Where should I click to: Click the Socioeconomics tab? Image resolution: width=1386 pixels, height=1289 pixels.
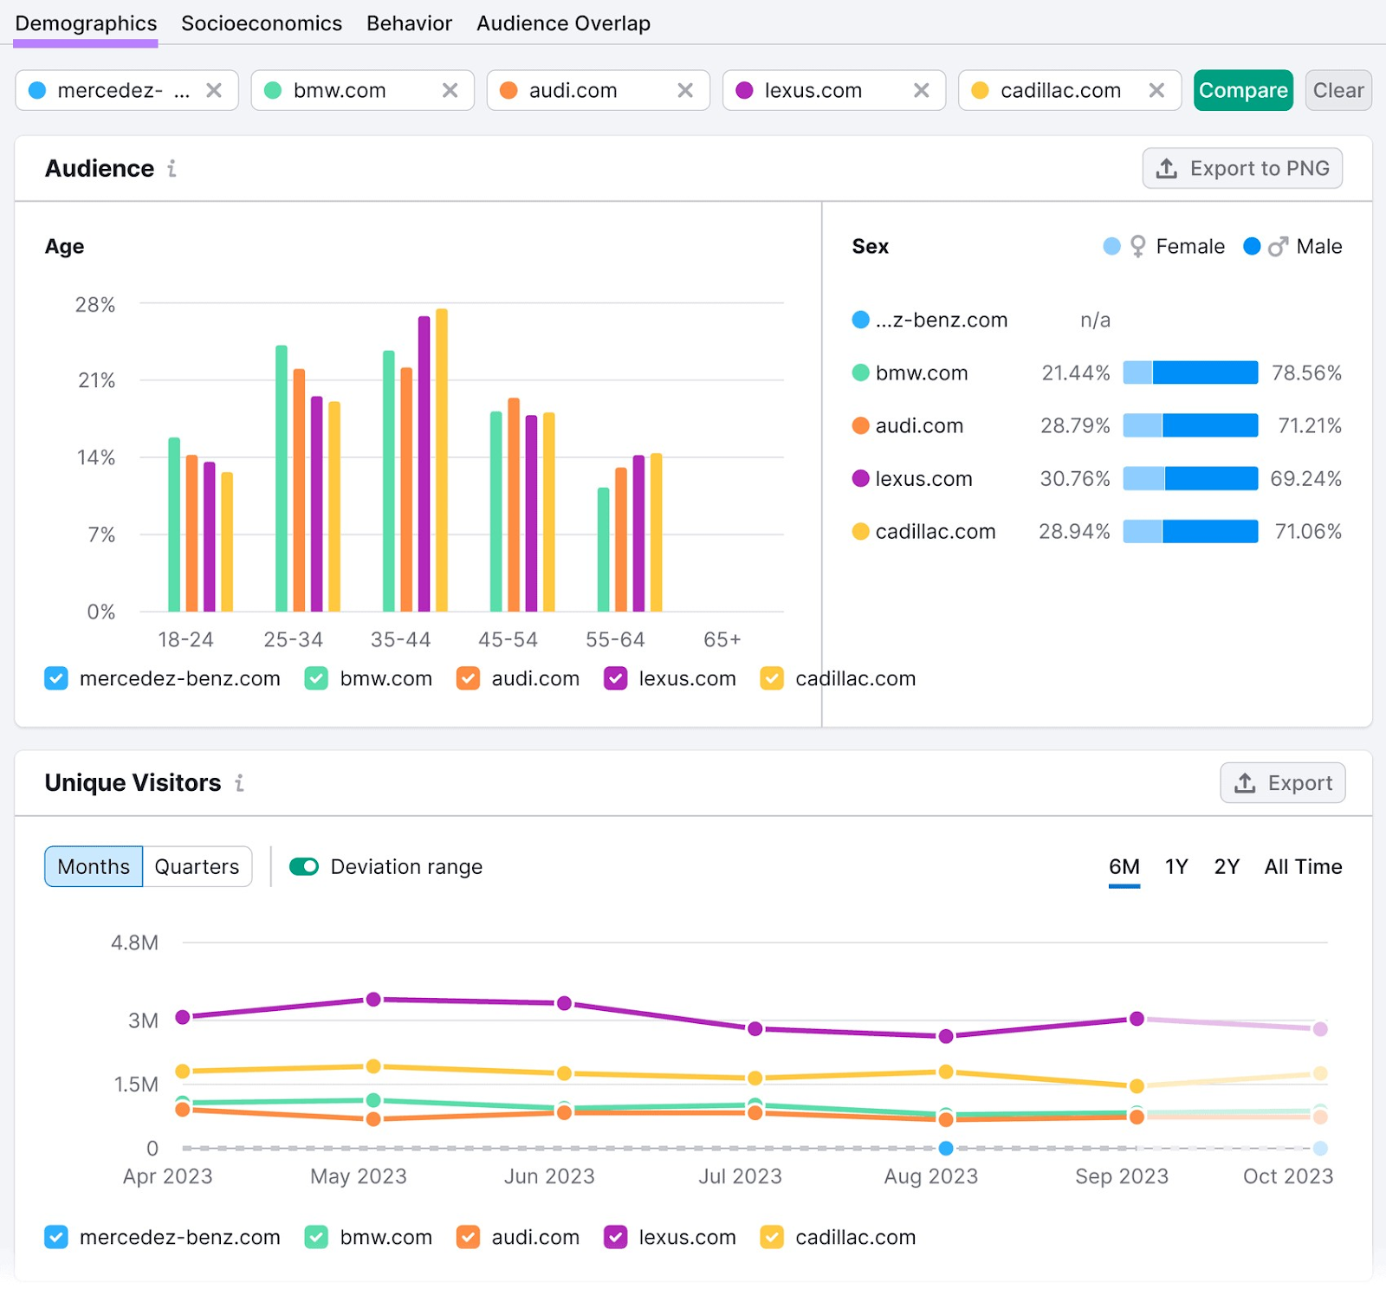(x=261, y=23)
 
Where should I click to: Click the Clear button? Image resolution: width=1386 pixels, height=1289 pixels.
(x=1337, y=90)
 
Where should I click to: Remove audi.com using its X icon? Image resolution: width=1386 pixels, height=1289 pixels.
(x=684, y=90)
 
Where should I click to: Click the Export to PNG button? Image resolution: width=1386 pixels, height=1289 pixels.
(x=1242, y=168)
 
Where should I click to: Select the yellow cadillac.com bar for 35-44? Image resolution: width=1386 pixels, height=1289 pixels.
(x=442, y=459)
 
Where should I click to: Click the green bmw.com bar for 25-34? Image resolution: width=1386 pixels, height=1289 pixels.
(x=282, y=478)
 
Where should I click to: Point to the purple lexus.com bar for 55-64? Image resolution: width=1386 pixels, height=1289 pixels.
(x=638, y=533)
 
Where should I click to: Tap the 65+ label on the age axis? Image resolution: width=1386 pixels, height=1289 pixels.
(x=722, y=639)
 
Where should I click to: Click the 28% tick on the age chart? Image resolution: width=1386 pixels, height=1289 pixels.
(x=95, y=305)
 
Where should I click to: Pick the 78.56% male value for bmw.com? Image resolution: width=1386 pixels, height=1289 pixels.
(x=1305, y=373)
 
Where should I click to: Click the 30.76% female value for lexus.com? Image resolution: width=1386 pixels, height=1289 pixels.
(x=1074, y=479)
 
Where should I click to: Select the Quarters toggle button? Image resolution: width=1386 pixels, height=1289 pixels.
(x=197, y=866)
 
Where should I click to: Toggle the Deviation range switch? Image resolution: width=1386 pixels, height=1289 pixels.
(x=304, y=866)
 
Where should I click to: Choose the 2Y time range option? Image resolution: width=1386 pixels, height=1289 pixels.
(x=1226, y=866)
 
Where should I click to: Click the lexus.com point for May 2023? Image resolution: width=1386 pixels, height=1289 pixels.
(x=373, y=1000)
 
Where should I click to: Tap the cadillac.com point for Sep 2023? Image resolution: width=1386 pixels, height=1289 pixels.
(x=1137, y=1085)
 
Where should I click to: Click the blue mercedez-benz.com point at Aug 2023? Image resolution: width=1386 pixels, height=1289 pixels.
(x=946, y=1149)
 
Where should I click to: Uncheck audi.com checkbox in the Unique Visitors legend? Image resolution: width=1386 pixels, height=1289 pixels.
(x=468, y=1237)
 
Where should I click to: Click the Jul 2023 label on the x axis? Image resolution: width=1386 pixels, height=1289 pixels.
(x=740, y=1176)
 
